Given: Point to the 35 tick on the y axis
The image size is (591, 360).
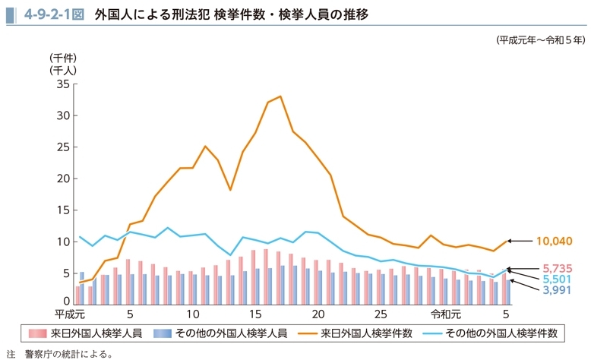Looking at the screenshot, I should (x=63, y=84).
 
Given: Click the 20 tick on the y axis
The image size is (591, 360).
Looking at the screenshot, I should (x=63, y=178).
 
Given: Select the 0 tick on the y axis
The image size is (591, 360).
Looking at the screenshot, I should (x=66, y=302).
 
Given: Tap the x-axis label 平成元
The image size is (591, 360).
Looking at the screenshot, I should (x=68, y=314).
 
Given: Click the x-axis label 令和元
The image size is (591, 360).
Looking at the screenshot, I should (x=446, y=314).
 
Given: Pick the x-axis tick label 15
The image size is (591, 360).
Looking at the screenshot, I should (x=255, y=314).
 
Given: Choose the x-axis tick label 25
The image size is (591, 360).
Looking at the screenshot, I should (x=381, y=314).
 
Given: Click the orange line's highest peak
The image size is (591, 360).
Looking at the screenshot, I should (x=280, y=96).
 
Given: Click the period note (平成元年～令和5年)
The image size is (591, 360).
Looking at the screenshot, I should (x=541, y=39).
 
